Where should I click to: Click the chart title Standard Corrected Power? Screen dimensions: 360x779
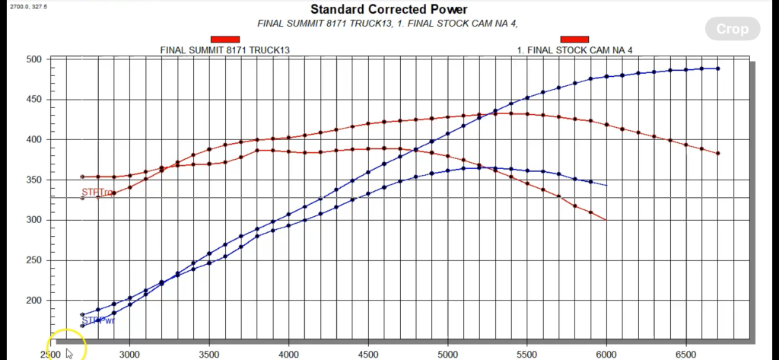coord(389,10)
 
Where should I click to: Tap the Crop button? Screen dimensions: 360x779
coord(733,30)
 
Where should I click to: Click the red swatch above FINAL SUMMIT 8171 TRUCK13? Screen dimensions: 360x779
coord(225,40)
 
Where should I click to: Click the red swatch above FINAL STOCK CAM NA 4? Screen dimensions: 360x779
coord(574,40)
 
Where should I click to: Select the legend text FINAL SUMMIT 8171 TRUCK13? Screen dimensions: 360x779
coord(225,50)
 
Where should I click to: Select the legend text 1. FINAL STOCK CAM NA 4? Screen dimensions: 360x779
coord(575,50)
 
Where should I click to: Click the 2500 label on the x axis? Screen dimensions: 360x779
coord(50,355)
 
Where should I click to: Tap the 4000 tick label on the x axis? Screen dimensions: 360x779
coord(288,355)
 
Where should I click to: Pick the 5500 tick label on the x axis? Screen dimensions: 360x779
coord(527,355)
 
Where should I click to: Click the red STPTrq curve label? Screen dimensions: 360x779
coord(97,193)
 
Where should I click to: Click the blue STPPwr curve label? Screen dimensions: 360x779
coord(98,320)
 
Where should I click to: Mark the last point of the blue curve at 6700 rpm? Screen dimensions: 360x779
coord(717,68)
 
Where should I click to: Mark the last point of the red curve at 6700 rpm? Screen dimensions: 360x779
coord(717,154)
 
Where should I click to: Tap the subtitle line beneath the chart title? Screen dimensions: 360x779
coord(389,24)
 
